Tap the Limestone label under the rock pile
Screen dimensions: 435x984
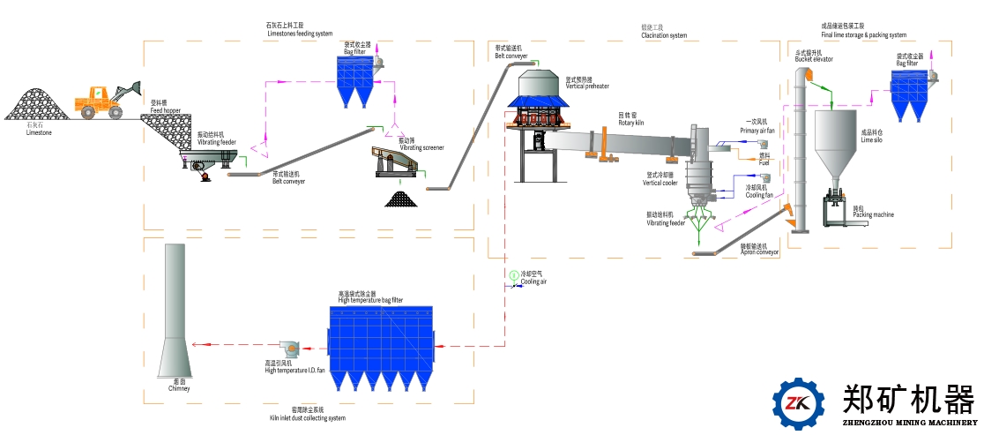(39, 132)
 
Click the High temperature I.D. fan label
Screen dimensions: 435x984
(295, 370)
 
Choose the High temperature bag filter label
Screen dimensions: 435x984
(370, 300)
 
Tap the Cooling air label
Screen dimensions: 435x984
(533, 281)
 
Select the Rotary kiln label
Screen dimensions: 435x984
(630, 123)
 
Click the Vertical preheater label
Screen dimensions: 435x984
(587, 86)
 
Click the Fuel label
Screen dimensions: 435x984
(764, 162)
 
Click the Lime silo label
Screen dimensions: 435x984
(872, 139)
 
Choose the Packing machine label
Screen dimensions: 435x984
(874, 214)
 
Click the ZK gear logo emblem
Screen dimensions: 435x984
(798, 402)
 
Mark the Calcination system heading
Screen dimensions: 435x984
(664, 35)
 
